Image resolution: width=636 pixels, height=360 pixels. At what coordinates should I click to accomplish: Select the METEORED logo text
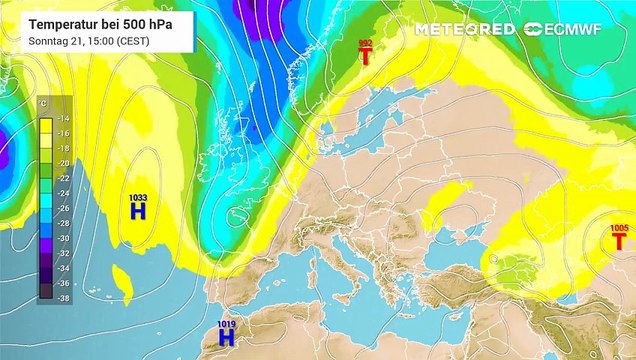point(465,29)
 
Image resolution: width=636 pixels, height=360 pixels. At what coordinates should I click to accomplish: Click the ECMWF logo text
point(584,29)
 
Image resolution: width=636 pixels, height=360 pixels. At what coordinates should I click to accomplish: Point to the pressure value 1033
point(138,198)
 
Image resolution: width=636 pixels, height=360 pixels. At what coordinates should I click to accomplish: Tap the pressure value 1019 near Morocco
point(227,324)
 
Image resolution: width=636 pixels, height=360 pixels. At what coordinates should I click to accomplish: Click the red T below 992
point(366,57)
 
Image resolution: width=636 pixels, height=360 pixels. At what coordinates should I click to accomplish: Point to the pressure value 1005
point(619,228)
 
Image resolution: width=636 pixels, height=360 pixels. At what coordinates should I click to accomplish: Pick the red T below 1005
point(619,241)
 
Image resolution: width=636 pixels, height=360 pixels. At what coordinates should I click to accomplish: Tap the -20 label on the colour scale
point(63,162)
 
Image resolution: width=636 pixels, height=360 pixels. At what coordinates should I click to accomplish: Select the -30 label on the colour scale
point(63,238)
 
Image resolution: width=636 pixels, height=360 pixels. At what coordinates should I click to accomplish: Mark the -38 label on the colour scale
point(63,298)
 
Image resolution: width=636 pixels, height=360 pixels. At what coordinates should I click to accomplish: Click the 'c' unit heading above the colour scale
point(43,103)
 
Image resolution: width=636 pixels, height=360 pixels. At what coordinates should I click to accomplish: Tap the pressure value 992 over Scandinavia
point(365,42)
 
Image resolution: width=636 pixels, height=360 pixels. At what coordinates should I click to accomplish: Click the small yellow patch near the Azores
point(124,278)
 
